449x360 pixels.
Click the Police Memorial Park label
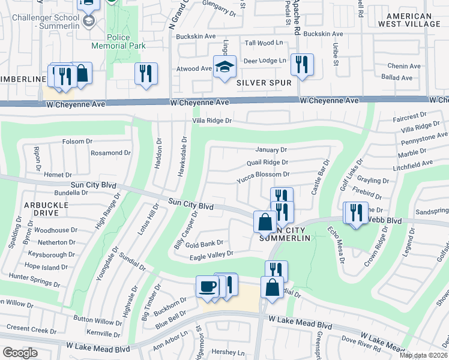[x=118, y=41]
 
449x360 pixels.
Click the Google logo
[x=19, y=353]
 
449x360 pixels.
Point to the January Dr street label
[x=271, y=149]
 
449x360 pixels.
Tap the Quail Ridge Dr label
[x=268, y=162]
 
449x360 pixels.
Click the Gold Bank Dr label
[x=204, y=243]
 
